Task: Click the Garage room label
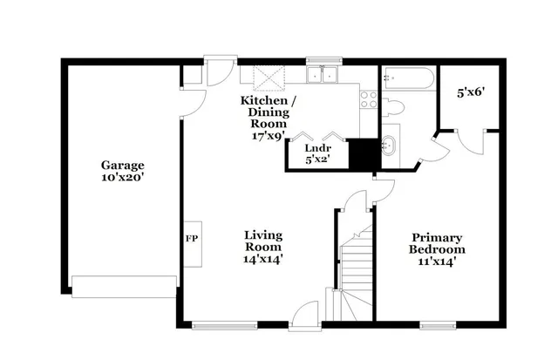coord(121,165)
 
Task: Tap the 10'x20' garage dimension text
coord(121,177)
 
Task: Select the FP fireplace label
coord(190,237)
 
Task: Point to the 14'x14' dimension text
coord(262,259)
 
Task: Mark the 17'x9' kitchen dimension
coord(269,136)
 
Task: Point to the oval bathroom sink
coord(390,146)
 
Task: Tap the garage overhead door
coord(125,286)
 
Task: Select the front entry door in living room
coord(304,316)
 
